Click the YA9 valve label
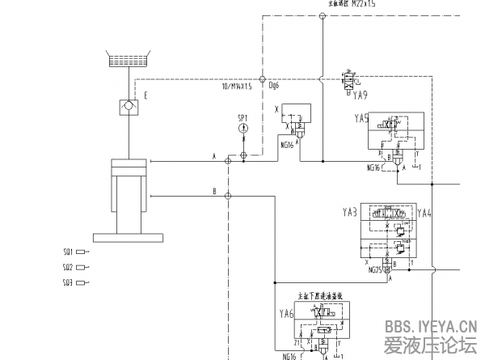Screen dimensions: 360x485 click(x=361, y=95)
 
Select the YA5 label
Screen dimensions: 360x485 click(x=361, y=118)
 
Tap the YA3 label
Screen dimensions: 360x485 click(x=349, y=213)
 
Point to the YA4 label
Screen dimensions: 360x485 click(x=424, y=213)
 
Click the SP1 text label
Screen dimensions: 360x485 click(x=243, y=118)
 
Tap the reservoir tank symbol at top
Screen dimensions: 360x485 click(x=130, y=59)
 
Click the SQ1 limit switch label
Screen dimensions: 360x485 click(x=69, y=251)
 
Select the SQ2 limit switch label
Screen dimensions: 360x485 click(x=69, y=266)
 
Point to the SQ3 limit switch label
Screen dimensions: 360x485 click(x=69, y=282)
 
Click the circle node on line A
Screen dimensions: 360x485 click(x=228, y=161)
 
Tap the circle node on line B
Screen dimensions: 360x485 click(x=228, y=195)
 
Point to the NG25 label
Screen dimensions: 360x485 click(x=376, y=271)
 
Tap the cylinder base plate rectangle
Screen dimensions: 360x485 click(x=130, y=237)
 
